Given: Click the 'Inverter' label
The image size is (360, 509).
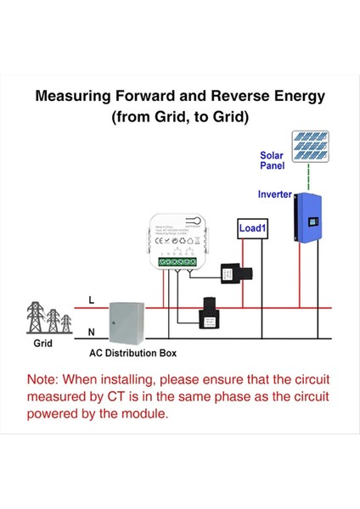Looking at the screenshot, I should (x=274, y=194).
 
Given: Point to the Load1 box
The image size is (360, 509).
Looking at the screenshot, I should (x=252, y=228).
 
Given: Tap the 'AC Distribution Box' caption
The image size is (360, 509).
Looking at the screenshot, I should (x=133, y=352).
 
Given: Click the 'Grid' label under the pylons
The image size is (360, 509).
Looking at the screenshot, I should (x=42, y=345).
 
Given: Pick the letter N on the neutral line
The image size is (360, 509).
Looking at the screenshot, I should (x=92, y=332).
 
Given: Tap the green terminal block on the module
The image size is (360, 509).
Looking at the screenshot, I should (x=179, y=262).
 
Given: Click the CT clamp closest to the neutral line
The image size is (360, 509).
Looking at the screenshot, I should (x=208, y=311).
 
